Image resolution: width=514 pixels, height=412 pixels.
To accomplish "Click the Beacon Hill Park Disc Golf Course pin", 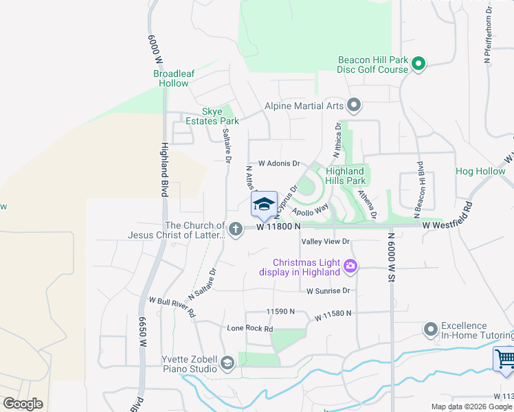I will pyautogui.click(x=418, y=65).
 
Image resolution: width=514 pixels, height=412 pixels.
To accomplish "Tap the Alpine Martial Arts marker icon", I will pyautogui.click(x=354, y=106).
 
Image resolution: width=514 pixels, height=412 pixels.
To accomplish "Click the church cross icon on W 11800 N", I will pyautogui.click(x=236, y=229).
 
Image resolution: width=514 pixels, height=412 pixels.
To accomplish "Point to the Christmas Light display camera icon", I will pyautogui.click(x=350, y=266).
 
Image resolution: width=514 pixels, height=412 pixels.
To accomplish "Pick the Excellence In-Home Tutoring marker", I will pyautogui.click(x=431, y=330).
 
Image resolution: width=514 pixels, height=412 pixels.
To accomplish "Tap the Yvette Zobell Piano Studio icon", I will pyautogui.click(x=227, y=363).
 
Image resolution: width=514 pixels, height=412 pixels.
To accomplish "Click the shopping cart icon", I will pyautogui.click(x=504, y=359).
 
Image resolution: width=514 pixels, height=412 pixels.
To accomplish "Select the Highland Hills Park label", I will pyautogui.click(x=345, y=176).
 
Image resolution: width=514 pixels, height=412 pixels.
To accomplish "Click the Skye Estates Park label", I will pyautogui.click(x=211, y=116).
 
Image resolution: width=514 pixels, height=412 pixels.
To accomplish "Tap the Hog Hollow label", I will pyautogui.click(x=480, y=171).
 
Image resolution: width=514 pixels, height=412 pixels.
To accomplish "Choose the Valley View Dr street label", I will pyautogui.click(x=326, y=242).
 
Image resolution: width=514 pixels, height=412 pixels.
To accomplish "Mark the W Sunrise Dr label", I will pyautogui.click(x=328, y=291).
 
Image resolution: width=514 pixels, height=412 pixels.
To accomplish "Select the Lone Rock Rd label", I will pyautogui.click(x=250, y=329).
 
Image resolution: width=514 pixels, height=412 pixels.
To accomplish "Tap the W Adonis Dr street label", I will pyautogui.click(x=279, y=164).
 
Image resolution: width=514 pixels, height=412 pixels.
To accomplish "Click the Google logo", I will pyautogui.click(x=23, y=404).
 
